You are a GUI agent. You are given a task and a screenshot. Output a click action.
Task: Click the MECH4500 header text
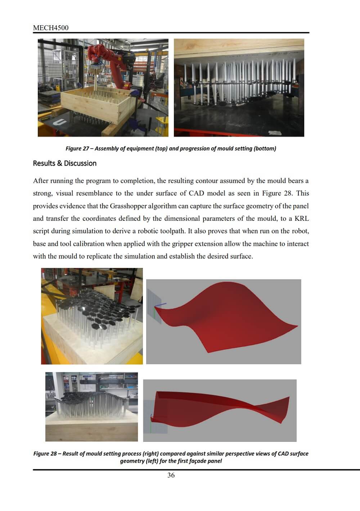[50, 28]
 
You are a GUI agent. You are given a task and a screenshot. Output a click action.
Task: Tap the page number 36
[171, 475]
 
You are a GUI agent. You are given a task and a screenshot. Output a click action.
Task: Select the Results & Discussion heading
[65, 163]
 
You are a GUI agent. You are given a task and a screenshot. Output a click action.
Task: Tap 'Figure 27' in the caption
[77, 149]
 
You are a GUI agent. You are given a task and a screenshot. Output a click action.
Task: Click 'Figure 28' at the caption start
[45, 454]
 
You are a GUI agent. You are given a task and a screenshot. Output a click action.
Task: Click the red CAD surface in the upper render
[230, 317]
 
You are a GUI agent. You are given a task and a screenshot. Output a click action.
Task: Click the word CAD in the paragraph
[196, 193]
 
